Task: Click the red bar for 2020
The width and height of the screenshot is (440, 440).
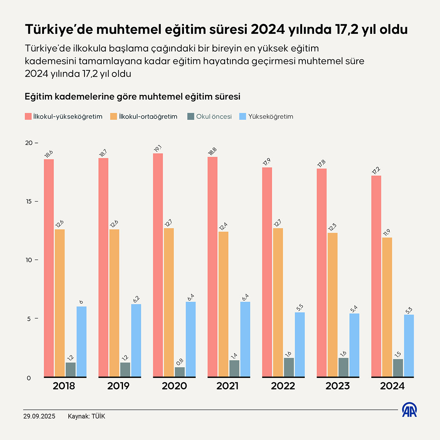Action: point(158,265)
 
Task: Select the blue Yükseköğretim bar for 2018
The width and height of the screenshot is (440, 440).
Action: point(81,341)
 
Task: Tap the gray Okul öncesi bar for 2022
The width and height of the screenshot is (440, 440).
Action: point(289,367)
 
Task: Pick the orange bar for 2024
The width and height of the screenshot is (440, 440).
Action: point(387,307)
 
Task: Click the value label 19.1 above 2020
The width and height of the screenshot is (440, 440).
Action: point(158,148)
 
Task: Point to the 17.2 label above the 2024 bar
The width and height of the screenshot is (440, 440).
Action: point(376,171)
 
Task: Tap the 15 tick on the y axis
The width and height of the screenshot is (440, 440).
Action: point(29,202)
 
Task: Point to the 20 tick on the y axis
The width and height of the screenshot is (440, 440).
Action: point(29,143)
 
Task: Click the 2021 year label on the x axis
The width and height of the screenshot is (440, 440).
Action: point(227,386)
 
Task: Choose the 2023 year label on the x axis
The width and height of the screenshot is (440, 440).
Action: point(337,386)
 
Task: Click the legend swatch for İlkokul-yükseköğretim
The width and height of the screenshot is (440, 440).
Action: point(28,117)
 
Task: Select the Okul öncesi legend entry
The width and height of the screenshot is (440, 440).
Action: point(214,117)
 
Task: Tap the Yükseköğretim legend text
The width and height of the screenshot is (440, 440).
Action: point(270,117)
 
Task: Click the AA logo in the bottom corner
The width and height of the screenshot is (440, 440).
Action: point(409,410)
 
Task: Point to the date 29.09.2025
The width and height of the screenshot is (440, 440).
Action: point(39,416)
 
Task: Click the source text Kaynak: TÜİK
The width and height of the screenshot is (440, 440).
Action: point(86,416)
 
